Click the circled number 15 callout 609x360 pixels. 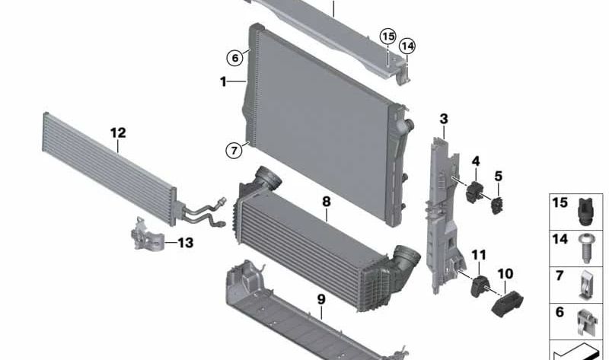pos(387,37)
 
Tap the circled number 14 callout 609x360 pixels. pos(407,46)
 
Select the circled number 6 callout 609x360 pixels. pos(235,59)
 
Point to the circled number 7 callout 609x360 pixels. pos(234,150)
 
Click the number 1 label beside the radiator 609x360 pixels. pos(223,82)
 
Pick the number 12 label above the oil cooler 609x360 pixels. pos(118,133)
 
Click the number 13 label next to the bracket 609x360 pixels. pos(185,243)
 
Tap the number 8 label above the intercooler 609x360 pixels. pos(327,202)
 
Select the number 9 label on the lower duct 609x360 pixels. pos(321,299)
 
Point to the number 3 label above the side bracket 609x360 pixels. pos(444,119)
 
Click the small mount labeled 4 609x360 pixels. pos(473,193)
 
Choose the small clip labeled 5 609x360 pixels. pos(498,205)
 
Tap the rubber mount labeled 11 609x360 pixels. pos(480,286)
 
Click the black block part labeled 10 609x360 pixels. pos(507,304)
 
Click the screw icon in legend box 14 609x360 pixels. pos(585,248)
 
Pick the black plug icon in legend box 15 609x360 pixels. pos(586,212)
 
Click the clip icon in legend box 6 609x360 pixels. pos(585,321)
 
